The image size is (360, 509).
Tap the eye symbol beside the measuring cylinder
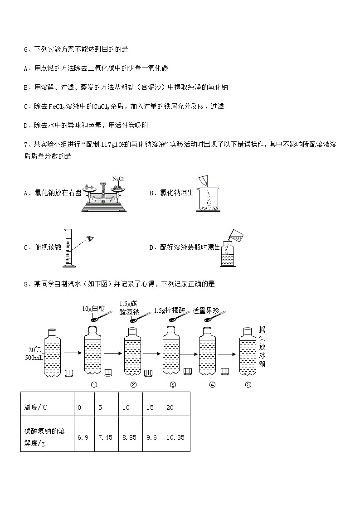pos(91,238)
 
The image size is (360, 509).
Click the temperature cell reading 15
pos(150,407)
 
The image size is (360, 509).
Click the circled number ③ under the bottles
pos(173,385)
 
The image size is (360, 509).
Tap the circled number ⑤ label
pos(248,385)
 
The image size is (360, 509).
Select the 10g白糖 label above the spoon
pos(93,309)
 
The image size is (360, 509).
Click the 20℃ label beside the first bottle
pos(34,350)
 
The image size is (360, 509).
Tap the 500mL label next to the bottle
pos(34,358)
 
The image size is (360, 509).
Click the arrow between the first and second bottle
pos(72,352)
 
